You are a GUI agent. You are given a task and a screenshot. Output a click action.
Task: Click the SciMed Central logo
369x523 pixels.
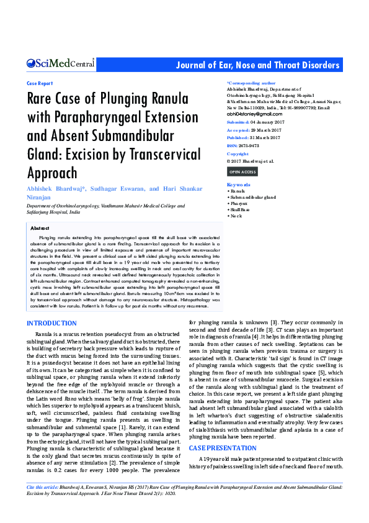click(60, 63)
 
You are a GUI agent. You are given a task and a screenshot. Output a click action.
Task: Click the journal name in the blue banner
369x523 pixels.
click(257, 65)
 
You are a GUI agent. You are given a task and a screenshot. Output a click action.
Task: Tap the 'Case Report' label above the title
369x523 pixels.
click(40, 83)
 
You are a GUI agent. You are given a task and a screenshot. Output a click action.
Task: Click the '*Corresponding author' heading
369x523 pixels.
click(251, 83)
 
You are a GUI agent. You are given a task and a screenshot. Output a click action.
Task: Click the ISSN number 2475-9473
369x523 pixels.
click(248, 145)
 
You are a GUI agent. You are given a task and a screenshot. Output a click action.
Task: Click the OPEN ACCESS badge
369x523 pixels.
click(242, 171)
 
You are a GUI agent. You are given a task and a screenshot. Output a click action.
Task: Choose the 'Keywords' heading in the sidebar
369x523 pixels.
click(239, 184)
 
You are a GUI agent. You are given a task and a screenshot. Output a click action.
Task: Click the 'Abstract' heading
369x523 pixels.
click(40, 229)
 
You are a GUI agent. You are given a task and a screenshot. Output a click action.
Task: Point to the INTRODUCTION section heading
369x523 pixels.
click(51, 323)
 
